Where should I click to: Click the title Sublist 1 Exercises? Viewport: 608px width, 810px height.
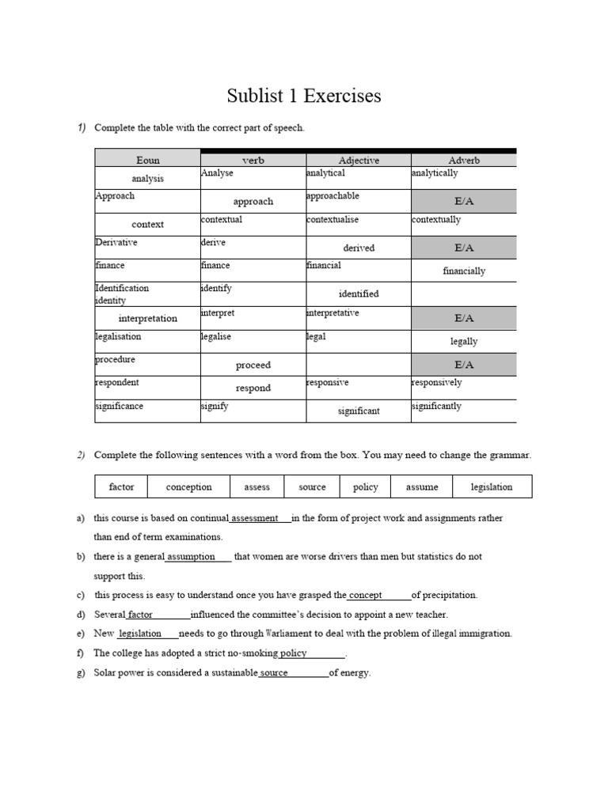click(304, 97)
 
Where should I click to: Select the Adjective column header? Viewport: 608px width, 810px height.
click(359, 160)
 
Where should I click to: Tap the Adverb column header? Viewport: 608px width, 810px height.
click(463, 160)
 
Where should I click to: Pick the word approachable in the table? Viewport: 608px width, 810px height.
click(332, 195)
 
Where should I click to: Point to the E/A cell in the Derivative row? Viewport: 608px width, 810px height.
click(463, 248)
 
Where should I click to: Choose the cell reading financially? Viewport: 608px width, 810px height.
click(464, 271)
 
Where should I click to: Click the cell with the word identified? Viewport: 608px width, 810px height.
click(359, 293)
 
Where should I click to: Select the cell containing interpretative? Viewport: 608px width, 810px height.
click(332, 312)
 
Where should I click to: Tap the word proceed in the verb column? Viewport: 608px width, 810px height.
click(253, 365)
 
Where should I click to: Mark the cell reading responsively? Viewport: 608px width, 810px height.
click(436, 382)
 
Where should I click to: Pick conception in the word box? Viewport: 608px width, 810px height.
click(188, 486)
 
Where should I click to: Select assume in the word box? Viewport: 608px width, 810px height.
click(421, 486)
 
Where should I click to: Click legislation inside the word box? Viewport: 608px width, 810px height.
click(491, 486)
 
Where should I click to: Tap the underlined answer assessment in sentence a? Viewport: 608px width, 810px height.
click(254, 518)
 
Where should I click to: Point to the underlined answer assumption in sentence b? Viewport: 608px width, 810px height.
click(191, 556)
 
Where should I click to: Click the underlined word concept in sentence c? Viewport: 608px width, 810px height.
click(366, 595)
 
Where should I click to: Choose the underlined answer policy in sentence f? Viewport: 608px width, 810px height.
click(294, 653)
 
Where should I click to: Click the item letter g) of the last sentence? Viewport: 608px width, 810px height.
click(81, 673)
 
